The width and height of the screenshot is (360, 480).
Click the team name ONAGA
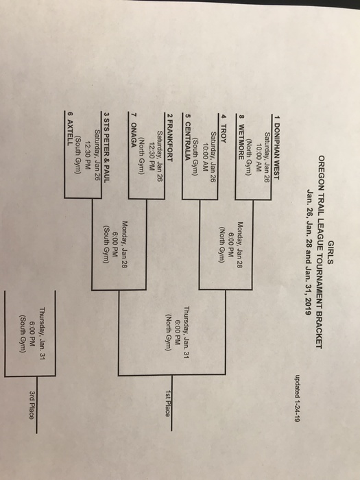[x=134, y=135]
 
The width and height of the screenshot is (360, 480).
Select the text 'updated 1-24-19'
[x=297, y=398]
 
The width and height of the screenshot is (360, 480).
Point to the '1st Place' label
[x=167, y=403]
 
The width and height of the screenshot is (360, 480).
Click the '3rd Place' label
[x=32, y=405]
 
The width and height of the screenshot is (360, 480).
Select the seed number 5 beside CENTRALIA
[x=188, y=117]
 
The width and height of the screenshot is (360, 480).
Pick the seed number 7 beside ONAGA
[x=134, y=116]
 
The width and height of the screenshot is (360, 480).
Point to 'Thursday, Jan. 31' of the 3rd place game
[x=42, y=333]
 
